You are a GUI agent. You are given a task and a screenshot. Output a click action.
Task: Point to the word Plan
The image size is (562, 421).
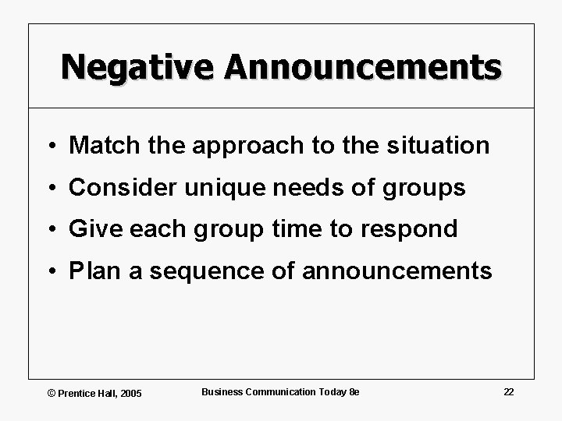coord(90,271)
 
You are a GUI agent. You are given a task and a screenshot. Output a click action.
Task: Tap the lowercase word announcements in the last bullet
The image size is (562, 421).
coord(397,271)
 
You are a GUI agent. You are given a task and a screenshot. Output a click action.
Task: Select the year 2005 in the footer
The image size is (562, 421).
coord(130,393)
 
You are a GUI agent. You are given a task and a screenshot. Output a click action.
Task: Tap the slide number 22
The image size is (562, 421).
coord(508,391)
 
